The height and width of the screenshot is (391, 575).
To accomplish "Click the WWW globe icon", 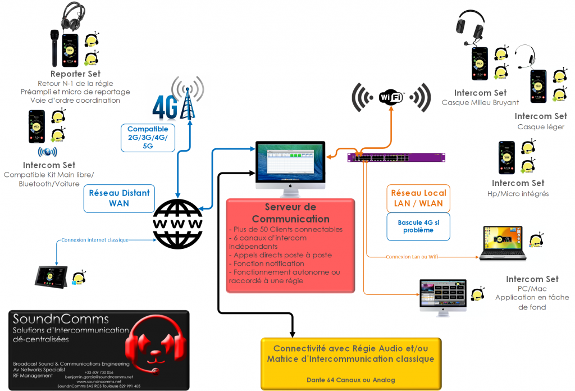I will click(179, 224).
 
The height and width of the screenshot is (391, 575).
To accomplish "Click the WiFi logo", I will click(391, 97).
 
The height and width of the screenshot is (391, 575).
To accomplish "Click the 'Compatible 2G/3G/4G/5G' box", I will click(148, 138).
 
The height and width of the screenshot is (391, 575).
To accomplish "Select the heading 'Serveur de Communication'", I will click(290, 213).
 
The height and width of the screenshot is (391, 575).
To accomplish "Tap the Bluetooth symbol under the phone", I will click(47, 152).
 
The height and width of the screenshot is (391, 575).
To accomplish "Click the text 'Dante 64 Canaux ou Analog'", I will click(350, 380).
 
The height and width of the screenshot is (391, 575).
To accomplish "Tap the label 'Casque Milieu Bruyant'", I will click(480, 102).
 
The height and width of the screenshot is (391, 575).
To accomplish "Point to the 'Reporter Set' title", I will click(75, 74).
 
